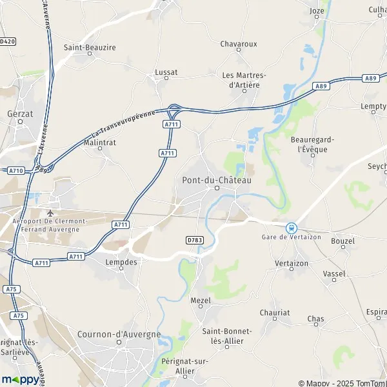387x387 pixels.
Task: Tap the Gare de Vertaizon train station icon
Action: (x=292, y=228)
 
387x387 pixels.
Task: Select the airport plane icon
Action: (x=51, y=212)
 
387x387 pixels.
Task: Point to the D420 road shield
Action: (x=7, y=41)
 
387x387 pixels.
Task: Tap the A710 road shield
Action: (x=17, y=170)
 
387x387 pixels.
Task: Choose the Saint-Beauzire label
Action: (x=89, y=47)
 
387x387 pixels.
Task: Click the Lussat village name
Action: (x=166, y=73)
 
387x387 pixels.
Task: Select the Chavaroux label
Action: (x=239, y=44)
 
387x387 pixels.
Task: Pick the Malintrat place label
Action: (x=100, y=142)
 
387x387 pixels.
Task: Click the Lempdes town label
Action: (x=122, y=262)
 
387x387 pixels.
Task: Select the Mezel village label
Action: (x=201, y=300)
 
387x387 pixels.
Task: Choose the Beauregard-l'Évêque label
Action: (x=310, y=144)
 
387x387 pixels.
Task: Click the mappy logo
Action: (x=20, y=379)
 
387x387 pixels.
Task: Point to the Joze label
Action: (x=317, y=11)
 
